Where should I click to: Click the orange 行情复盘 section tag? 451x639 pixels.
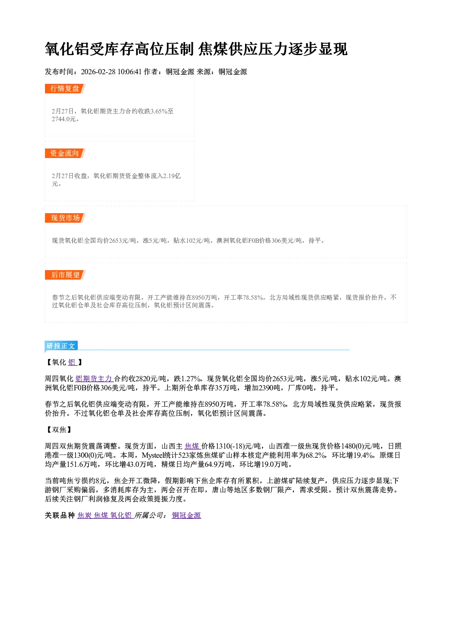point(65,88)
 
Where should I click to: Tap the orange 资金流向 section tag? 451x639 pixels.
point(65,153)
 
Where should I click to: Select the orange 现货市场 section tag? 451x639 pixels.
point(65,218)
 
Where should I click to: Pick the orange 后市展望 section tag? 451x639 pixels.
point(65,275)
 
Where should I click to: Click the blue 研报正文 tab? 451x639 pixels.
point(61,346)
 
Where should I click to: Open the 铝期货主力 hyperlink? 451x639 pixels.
point(94,378)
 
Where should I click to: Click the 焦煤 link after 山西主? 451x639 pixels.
point(193,446)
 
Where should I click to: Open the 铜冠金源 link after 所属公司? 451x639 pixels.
point(186,515)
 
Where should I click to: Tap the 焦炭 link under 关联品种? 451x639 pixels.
point(85,515)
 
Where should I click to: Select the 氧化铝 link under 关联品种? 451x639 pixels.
point(121,515)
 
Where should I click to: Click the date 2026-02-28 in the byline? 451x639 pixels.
point(98,72)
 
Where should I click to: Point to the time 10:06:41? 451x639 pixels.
point(130,72)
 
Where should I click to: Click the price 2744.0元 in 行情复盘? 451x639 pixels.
point(64,119)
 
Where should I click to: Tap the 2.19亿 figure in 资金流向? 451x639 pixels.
point(172,176)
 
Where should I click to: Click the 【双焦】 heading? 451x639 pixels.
point(59,429)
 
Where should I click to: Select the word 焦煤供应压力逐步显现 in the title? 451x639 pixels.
point(273,49)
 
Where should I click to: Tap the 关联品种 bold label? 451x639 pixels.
point(60,515)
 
